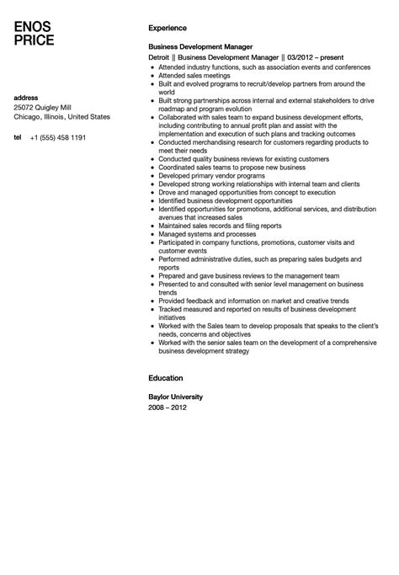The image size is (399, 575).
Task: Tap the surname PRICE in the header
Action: point(35,40)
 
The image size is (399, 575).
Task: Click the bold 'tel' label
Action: point(18,136)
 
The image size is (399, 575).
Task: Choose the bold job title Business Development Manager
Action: point(200,47)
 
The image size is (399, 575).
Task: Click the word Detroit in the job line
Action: point(161,57)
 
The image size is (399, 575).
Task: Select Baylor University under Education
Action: point(175,397)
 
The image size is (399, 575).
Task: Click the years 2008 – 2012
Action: point(168,407)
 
